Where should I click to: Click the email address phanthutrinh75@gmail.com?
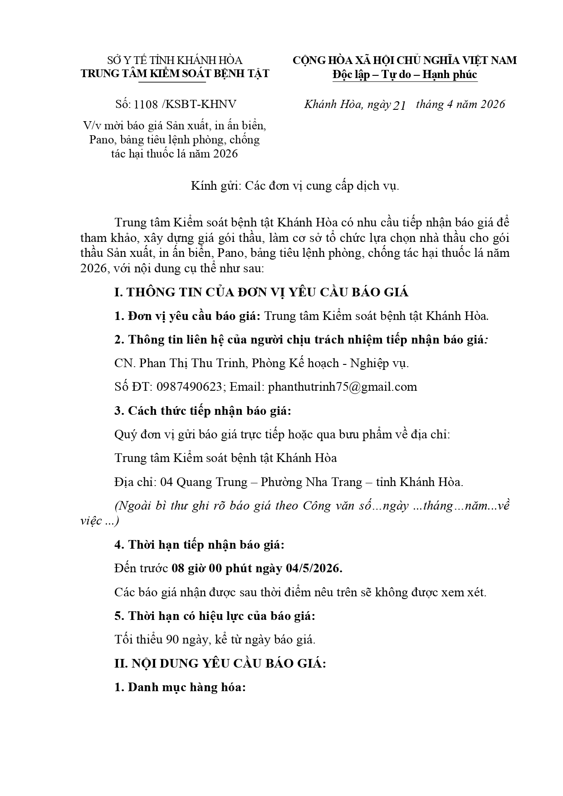pyautogui.click(x=343, y=387)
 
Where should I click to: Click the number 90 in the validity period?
pyautogui.click(x=172, y=639)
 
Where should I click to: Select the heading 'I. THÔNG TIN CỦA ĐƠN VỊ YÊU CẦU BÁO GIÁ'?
pyautogui.click(x=261, y=292)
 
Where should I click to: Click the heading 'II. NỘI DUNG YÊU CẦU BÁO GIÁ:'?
pyautogui.click(x=220, y=663)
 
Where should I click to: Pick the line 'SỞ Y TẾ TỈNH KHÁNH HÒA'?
pyautogui.click(x=175, y=60)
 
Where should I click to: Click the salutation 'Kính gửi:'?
pyautogui.click(x=216, y=186)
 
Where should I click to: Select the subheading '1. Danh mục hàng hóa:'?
pyautogui.click(x=180, y=687)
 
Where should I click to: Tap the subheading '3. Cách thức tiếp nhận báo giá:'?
pyautogui.click(x=203, y=411)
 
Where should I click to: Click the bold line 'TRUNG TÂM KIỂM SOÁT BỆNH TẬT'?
pyautogui.click(x=175, y=74)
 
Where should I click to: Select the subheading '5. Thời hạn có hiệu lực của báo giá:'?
pyautogui.click(x=215, y=616)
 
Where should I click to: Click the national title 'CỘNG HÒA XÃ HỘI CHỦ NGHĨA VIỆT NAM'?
pyautogui.click(x=405, y=60)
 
